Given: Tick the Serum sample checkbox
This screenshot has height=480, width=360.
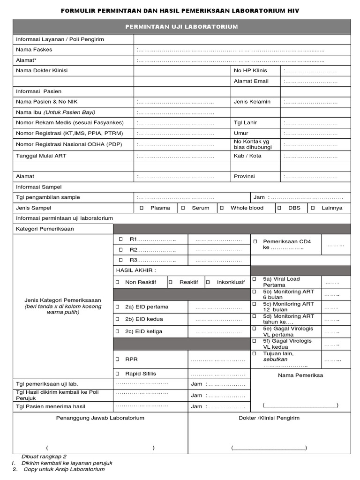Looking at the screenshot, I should [183, 208].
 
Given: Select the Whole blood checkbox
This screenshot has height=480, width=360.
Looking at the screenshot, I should [222, 208].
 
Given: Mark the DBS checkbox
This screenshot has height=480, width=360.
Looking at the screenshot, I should [279, 208].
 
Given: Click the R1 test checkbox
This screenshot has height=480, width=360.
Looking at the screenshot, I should [120, 239].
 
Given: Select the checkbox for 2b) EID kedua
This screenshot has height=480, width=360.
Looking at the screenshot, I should [118, 319].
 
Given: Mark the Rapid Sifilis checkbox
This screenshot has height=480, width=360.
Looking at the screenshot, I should [118, 374].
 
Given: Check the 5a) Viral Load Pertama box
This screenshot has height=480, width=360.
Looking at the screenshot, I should [254, 279].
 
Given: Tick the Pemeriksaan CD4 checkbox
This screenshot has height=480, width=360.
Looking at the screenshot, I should [255, 241].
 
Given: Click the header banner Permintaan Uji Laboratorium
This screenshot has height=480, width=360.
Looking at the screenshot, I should [181, 27].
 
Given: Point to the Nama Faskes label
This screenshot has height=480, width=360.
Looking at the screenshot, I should [34, 49].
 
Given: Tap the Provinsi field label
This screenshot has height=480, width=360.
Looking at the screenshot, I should [244, 176].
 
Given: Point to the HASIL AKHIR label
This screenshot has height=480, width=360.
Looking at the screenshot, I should [135, 270].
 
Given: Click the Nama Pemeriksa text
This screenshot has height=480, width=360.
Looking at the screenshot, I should [300, 375].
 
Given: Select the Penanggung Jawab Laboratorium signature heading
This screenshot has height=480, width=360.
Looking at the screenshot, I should [100, 418].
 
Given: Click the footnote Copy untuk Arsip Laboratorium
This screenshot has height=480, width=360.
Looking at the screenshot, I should [64, 469].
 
